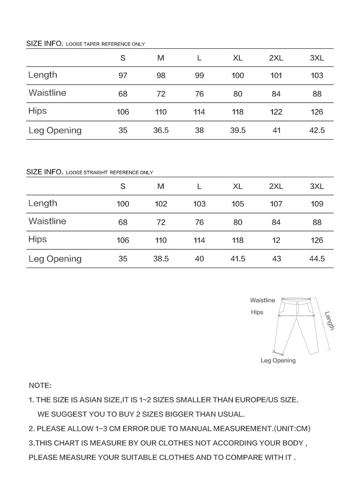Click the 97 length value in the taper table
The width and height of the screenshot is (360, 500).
123,76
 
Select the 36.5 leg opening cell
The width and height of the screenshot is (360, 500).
161,130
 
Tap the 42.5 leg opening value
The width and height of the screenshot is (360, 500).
317,130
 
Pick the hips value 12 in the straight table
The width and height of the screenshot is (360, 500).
276,240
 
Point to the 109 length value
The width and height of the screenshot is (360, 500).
317,204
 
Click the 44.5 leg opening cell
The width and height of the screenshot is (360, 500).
317,259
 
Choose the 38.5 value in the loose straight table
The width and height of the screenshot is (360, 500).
161,259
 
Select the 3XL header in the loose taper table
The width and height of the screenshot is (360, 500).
317,58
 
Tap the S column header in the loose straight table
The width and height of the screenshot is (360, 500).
123,187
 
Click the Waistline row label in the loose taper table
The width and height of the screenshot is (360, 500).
47,93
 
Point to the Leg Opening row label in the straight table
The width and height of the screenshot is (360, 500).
55,259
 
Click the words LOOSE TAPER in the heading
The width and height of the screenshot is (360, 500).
83,44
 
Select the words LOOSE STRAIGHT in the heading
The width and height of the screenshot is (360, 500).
87,173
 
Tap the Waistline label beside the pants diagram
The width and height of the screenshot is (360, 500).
263,300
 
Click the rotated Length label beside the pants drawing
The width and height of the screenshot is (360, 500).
329,321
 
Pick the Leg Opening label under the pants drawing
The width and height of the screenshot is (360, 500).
278,361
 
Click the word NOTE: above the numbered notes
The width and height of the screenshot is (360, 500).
40,386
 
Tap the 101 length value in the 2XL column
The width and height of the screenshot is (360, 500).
276,76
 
